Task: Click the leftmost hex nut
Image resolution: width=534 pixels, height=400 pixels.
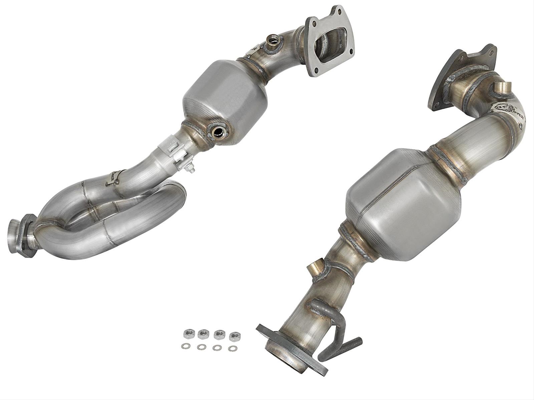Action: (187, 334)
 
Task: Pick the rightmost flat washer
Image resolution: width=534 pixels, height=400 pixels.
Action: (231, 349)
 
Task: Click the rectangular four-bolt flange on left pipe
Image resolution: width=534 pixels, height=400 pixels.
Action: (329, 42)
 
